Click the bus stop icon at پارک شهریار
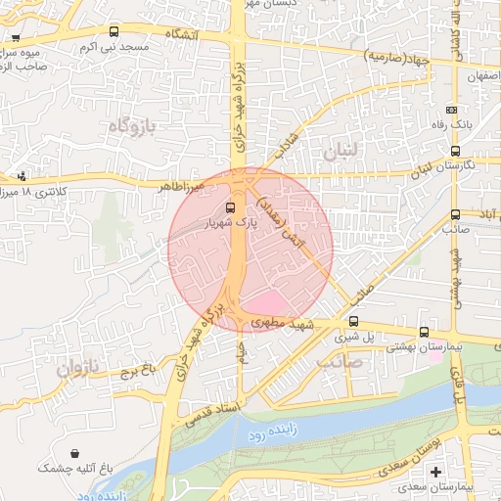pyautogui.click(x=231, y=207)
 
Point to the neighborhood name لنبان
pyautogui.click(x=342, y=152)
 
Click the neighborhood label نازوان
pyautogui.click(x=77, y=369)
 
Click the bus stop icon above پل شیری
pyautogui.click(x=353, y=321)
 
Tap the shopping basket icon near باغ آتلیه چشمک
pyautogui.click(x=75, y=452)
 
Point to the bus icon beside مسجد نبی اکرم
pyautogui.click(x=114, y=31)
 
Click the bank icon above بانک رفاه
pyautogui.click(x=451, y=111)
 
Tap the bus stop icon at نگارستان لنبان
pyautogui.click(x=455, y=151)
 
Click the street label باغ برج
pyautogui.click(x=137, y=371)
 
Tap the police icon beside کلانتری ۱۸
pyautogui.click(x=22, y=176)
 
